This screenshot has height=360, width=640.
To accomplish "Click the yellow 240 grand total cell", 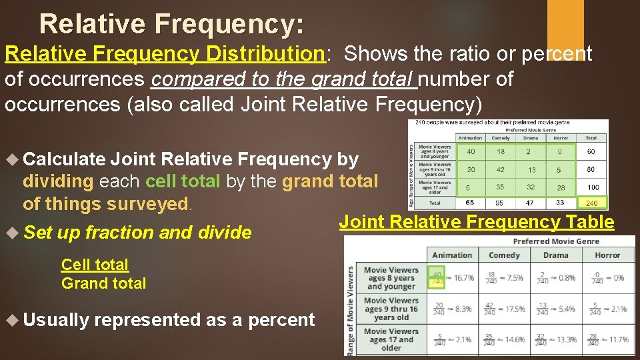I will [x=591, y=203].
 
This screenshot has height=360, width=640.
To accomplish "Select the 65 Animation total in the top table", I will [x=470, y=203].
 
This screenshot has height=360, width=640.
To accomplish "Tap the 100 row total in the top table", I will [x=591, y=188].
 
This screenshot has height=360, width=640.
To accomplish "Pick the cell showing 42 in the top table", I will [x=500, y=170].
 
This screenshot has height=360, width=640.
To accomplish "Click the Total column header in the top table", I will [x=591, y=138].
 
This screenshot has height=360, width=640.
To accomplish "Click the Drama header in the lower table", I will [x=555, y=255].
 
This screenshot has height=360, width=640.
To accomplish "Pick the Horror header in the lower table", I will [x=607, y=255].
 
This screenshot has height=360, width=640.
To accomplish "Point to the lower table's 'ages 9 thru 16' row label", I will [x=391, y=309].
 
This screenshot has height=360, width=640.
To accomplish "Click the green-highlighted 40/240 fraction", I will [x=437, y=278].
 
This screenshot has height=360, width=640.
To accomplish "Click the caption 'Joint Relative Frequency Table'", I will [x=477, y=223].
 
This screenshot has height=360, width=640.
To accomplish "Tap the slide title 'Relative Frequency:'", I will [x=171, y=24].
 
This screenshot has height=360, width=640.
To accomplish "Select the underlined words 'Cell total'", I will [x=95, y=265].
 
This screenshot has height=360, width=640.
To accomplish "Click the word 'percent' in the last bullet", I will [x=281, y=320].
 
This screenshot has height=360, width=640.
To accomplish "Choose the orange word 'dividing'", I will [x=58, y=181].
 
